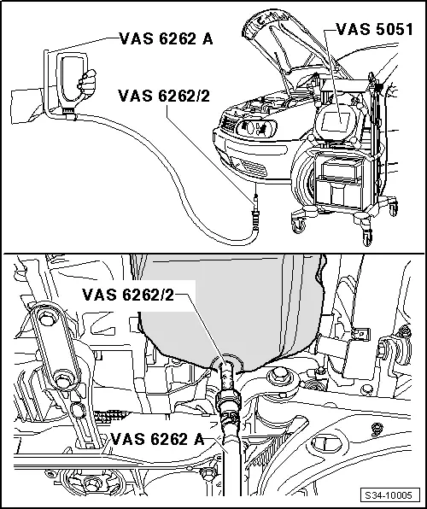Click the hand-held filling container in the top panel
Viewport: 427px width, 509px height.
coord(67,81)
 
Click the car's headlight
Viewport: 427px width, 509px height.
coord(254,131)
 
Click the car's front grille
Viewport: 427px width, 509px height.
coord(224,137)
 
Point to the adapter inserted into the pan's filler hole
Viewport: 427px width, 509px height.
coord(227,376)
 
